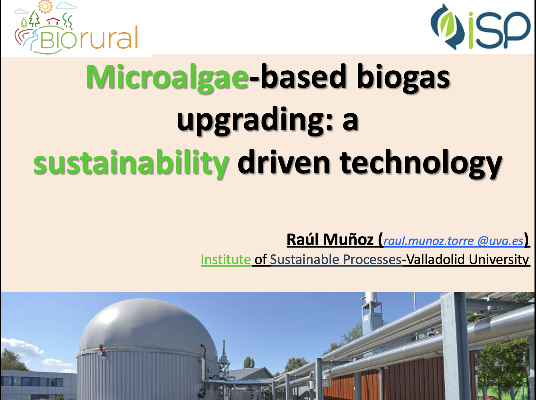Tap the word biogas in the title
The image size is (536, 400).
(x=403, y=78)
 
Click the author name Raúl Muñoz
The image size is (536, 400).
(x=330, y=240)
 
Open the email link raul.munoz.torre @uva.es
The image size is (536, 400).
(x=453, y=241)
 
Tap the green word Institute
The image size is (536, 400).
(x=226, y=259)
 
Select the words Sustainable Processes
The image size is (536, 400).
(x=336, y=260)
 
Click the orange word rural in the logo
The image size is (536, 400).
(x=109, y=38)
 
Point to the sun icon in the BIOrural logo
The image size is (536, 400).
(x=45, y=7)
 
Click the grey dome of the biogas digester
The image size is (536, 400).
(x=149, y=325)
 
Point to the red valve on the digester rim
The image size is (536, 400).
(x=101, y=349)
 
